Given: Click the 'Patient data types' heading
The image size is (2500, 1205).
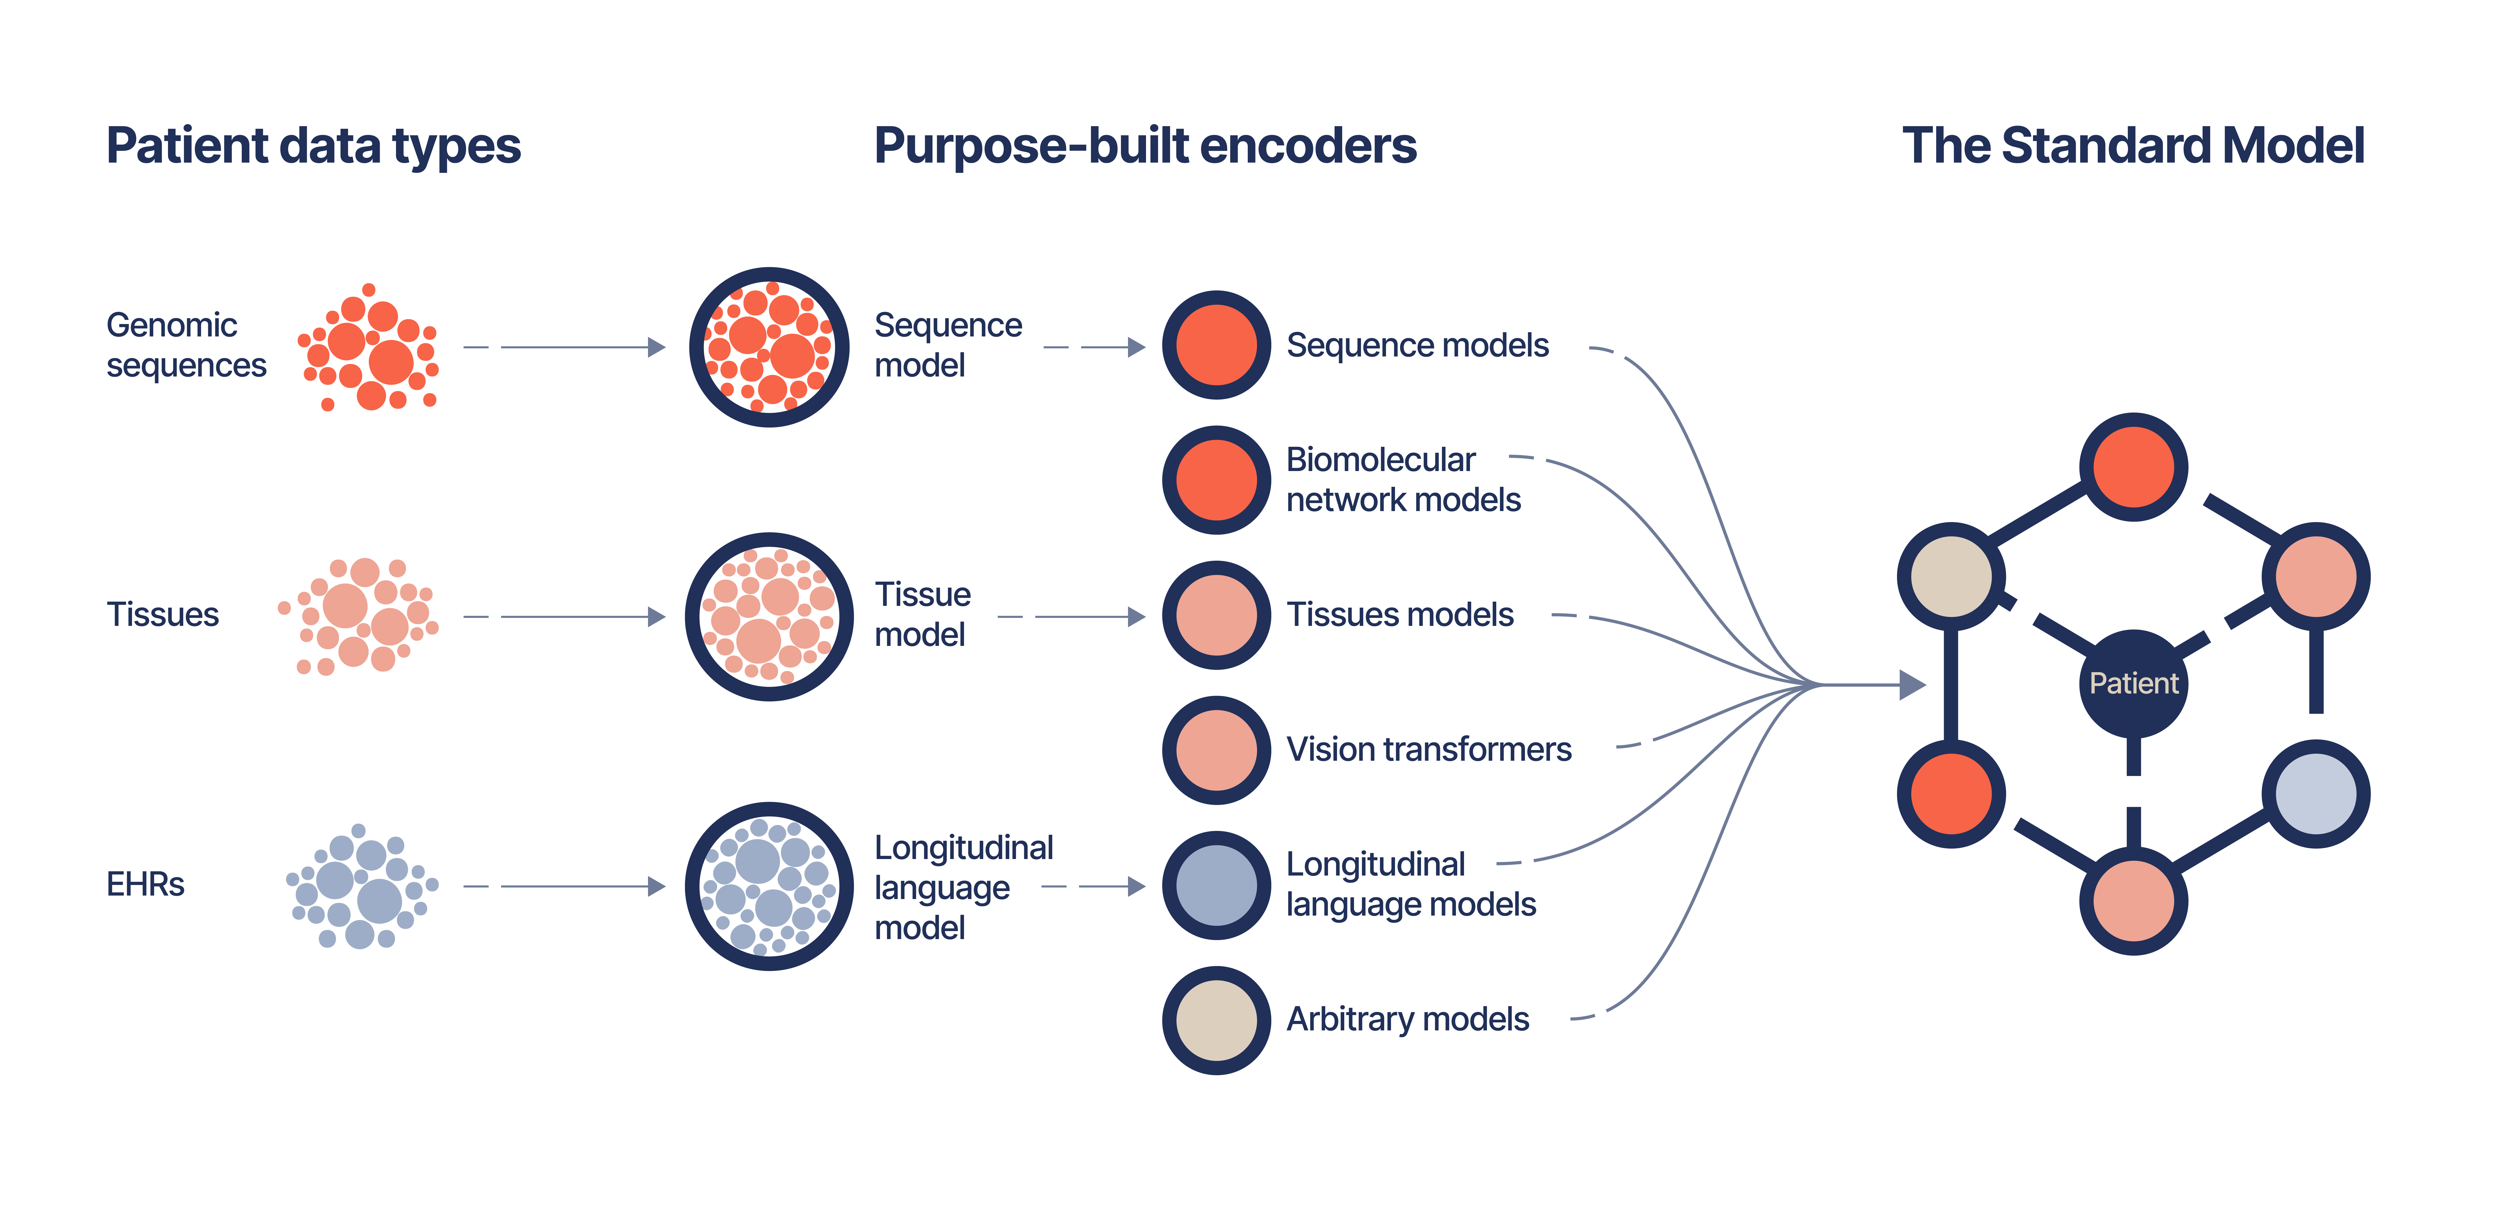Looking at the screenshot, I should (x=313, y=147).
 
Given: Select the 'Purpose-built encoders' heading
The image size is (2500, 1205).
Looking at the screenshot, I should (x=1145, y=147).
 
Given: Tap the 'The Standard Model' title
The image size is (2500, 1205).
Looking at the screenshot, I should (x=2132, y=147).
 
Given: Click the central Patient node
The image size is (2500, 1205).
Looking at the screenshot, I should (x=2133, y=684).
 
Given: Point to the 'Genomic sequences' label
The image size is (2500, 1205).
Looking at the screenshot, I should (x=185, y=345).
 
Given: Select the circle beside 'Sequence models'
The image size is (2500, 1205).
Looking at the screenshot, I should (x=1216, y=345).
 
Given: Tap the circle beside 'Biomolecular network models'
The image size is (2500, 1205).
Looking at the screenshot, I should (x=1216, y=480).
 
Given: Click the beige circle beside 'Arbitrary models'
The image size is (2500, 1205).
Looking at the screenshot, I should (x=1216, y=1020).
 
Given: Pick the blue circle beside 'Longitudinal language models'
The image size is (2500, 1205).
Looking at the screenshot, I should (x=1216, y=885).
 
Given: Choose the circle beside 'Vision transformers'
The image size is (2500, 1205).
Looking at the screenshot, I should (x=1216, y=750).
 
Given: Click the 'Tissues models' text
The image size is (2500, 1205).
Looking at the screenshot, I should (x=1399, y=615).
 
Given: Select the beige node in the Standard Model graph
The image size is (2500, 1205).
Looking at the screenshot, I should (x=1951, y=576).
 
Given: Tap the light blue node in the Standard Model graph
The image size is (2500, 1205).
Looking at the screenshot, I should (x=2315, y=793).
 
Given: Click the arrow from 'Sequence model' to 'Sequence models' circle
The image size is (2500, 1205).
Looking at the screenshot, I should (x=1097, y=347).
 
